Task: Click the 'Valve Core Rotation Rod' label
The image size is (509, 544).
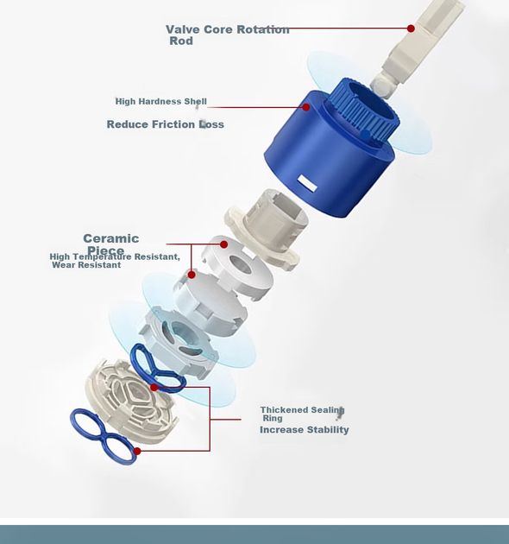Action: [228, 35]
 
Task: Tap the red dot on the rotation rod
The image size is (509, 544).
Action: [411, 28]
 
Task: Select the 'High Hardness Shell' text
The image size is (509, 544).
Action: [160, 101]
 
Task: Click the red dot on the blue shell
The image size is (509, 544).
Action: [305, 107]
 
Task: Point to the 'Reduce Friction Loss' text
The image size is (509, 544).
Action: [165, 124]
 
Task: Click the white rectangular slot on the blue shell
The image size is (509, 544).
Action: [307, 183]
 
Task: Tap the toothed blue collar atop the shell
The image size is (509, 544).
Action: [364, 109]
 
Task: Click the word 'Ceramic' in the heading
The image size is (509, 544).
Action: [111, 238]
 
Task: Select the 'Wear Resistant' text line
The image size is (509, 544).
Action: [86, 265]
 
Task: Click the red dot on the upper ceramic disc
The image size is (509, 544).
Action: [223, 244]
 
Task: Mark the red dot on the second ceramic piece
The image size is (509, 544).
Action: [192, 275]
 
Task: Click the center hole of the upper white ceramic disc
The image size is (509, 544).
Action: [240, 265]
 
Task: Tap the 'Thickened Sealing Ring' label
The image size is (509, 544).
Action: [302, 414]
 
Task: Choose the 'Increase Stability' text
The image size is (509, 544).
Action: [304, 429]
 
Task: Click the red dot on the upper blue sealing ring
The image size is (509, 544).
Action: [154, 387]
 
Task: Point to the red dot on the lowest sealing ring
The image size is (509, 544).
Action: [137, 451]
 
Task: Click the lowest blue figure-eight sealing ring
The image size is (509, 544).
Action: [104, 435]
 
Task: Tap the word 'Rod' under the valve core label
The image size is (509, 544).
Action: [181, 41]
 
